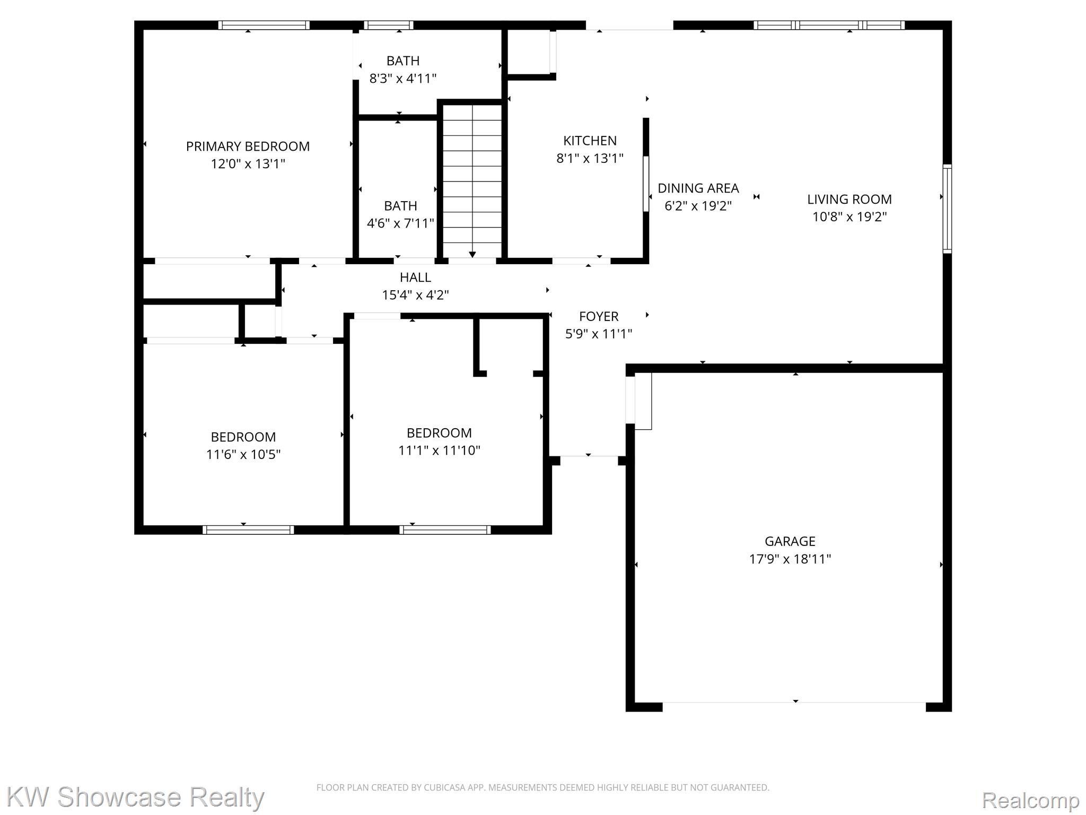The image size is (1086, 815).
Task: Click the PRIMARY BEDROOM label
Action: [x=248, y=146]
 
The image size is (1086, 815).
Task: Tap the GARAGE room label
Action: [x=790, y=541]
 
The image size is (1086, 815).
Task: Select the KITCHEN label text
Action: [x=590, y=141]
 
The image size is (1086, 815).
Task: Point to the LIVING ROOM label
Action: [x=849, y=200]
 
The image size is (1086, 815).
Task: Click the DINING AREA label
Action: [x=698, y=188]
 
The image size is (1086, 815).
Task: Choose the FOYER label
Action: [x=599, y=317]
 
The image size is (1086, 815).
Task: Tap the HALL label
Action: [x=415, y=278]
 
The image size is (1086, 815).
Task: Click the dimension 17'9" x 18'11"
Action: [x=790, y=559]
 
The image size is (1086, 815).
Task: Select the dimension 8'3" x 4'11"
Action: [x=402, y=79]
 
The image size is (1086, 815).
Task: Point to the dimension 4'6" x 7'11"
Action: [x=400, y=223]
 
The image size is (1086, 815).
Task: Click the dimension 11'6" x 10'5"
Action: [x=243, y=454]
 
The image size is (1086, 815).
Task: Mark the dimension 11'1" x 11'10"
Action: [x=439, y=450]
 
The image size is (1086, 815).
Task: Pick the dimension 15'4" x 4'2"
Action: [x=415, y=295]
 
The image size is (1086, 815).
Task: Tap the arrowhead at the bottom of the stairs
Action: [x=472, y=255]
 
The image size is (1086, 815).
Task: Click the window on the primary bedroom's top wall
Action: [x=264, y=25]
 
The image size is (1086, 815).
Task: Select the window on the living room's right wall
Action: [x=947, y=209]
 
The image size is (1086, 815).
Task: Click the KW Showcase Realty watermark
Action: [x=135, y=797]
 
